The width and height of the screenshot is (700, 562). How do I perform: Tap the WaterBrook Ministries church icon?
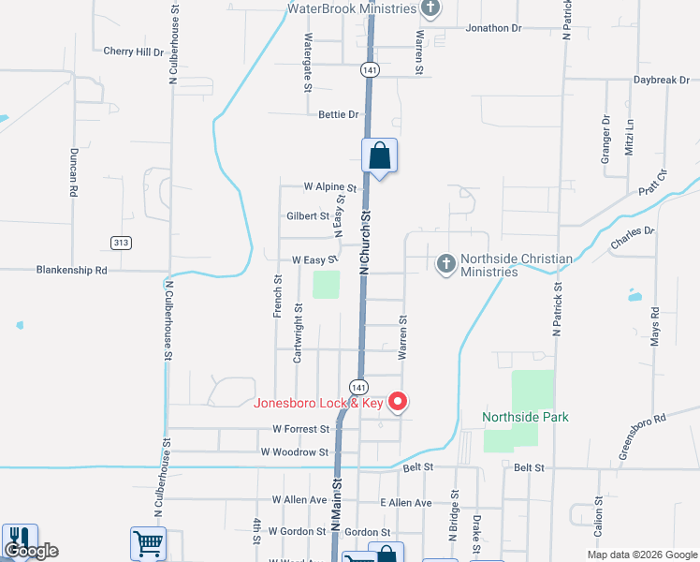[430, 9]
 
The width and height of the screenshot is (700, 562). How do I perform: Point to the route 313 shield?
[121, 243]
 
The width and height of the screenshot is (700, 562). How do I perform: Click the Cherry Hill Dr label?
[134, 52]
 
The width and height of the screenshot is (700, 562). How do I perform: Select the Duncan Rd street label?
[73, 171]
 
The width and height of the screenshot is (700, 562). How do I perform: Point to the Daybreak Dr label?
[661, 81]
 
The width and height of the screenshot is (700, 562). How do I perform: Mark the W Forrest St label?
[301, 429]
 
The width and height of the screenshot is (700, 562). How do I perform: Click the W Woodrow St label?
[295, 452]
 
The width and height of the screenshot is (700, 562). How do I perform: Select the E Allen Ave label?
[406, 503]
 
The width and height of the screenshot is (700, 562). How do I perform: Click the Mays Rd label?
[655, 327]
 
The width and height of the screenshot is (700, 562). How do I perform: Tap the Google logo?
[33, 551]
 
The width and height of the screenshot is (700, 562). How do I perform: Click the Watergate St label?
[307, 63]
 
